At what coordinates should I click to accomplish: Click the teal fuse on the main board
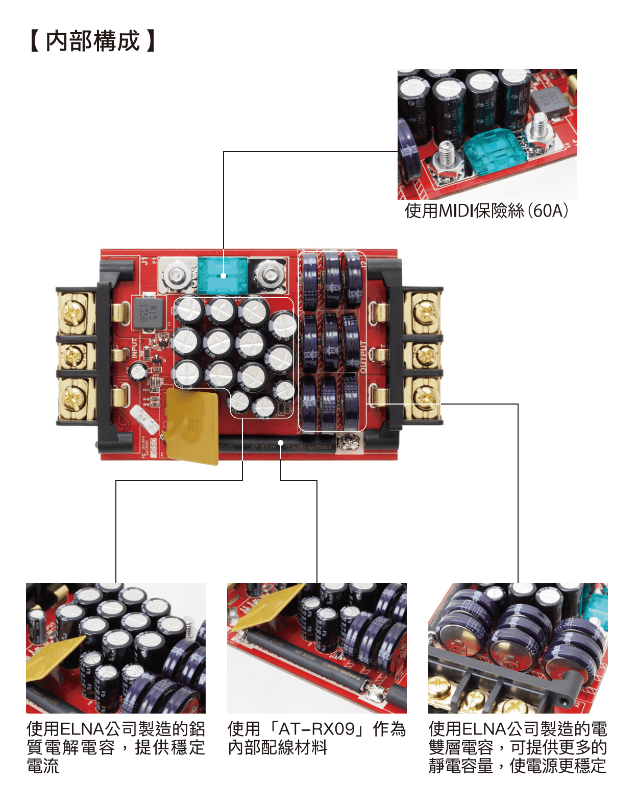pos(223,275)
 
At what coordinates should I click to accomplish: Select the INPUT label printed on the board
pos(135,348)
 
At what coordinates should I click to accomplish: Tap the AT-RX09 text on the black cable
pos(262,447)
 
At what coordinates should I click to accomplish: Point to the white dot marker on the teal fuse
pos(224,276)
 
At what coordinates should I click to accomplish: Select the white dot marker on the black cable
pos(281,442)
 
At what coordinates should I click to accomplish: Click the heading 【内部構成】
pos(92,41)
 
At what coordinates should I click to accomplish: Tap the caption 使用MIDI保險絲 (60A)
pos(486,210)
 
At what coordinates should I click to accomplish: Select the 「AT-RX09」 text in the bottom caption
pos(316,729)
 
